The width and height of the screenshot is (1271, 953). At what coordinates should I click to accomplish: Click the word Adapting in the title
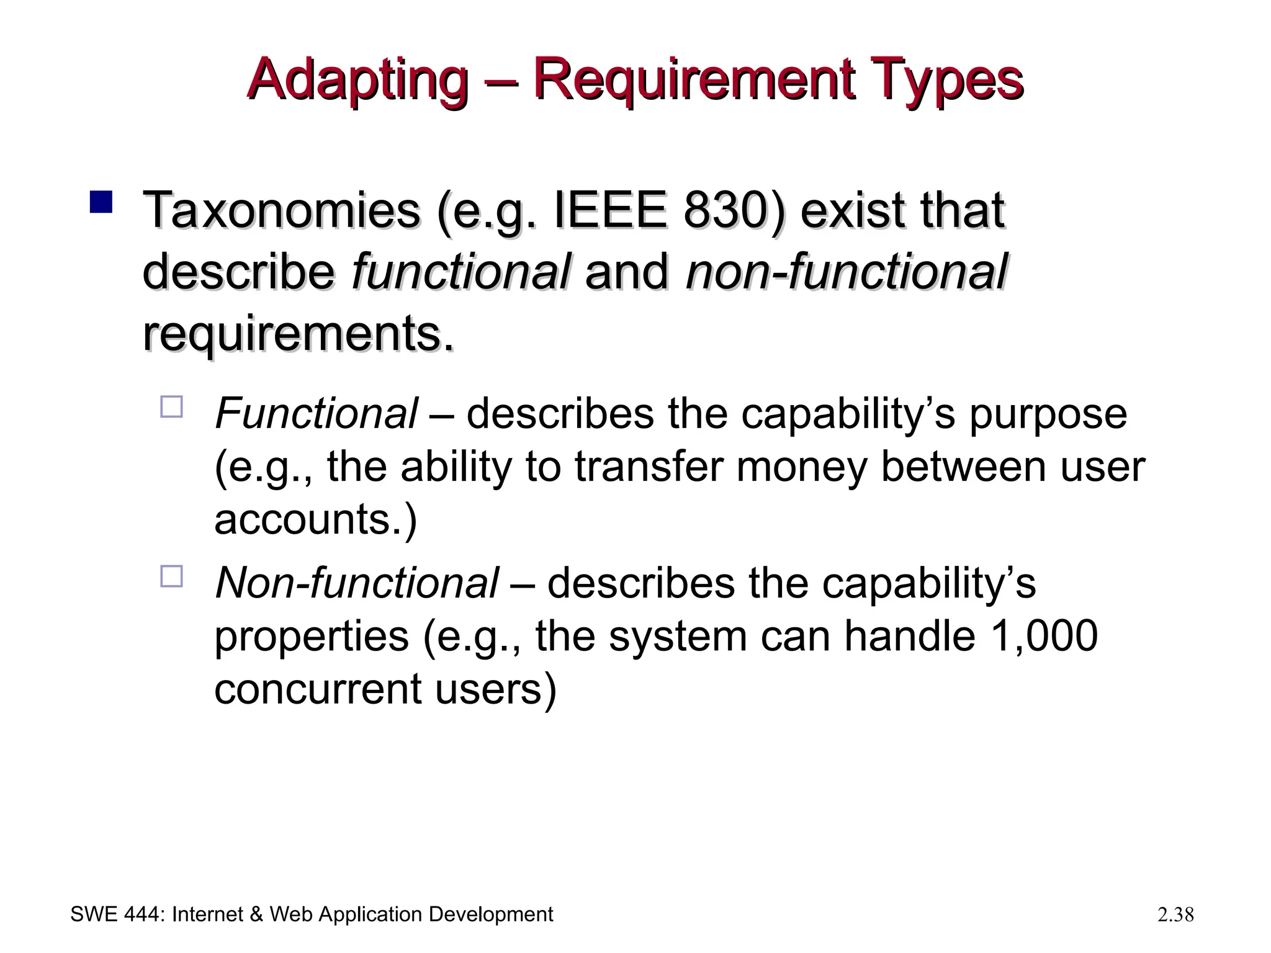[x=357, y=81]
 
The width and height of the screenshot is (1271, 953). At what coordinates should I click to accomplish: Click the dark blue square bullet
[x=101, y=202]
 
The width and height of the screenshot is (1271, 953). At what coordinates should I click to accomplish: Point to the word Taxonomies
[x=281, y=211]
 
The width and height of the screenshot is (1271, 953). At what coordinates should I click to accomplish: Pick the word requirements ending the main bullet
[x=298, y=335]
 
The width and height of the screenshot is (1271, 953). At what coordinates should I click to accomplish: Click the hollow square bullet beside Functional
[x=171, y=407]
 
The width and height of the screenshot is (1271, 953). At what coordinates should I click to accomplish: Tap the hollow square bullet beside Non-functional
[x=171, y=576]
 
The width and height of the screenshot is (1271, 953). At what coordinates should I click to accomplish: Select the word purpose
[x=1048, y=414]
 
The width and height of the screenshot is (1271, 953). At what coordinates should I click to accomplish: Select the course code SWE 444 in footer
[x=116, y=915]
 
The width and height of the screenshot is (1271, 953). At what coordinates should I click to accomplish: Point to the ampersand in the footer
[x=256, y=915]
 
